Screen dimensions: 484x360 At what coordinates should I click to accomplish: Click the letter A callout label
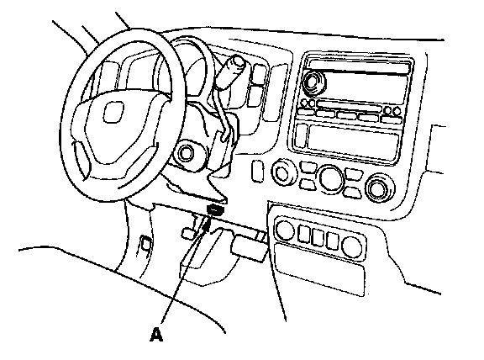click(156, 335)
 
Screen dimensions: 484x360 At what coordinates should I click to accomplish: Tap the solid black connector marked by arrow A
click(216, 209)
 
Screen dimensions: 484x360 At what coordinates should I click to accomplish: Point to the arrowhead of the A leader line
click(207, 225)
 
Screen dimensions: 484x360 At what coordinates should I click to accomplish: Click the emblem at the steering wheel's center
click(113, 112)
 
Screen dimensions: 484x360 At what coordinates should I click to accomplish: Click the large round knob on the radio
click(313, 82)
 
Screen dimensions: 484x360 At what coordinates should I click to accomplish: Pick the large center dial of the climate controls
click(331, 178)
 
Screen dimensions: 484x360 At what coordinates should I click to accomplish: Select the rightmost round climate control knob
click(377, 188)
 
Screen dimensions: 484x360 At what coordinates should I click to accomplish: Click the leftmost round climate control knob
click(281, 172)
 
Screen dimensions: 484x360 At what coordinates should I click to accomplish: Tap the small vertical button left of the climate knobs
click(257, 171)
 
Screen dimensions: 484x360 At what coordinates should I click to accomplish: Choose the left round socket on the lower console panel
click(284, 230)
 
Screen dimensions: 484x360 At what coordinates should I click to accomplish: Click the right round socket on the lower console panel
click(352, 247)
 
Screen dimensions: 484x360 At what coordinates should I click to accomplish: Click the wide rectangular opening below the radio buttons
click(354, 141)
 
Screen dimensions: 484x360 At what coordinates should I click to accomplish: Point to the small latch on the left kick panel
click(145, 244)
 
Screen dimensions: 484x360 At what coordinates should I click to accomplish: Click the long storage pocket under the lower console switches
click(320, 269)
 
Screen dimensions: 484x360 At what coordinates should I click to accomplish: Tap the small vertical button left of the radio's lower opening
click(300, 135)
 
